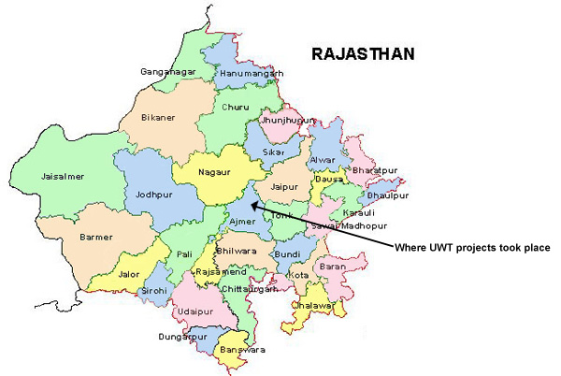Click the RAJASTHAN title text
pyautogui.click(x=363, y=55)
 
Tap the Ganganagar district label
pyautogui.click(x=166, y=72)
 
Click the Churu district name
pyautogui.click(x=236, y=107)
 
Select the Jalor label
pyautogui.click(x=133, y=276)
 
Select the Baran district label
pyautogui.click(x=333, y=267)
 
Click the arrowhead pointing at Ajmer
pyautogui.click(x=255, y=199)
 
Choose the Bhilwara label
pyautogui.click(x=235, y=252)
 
